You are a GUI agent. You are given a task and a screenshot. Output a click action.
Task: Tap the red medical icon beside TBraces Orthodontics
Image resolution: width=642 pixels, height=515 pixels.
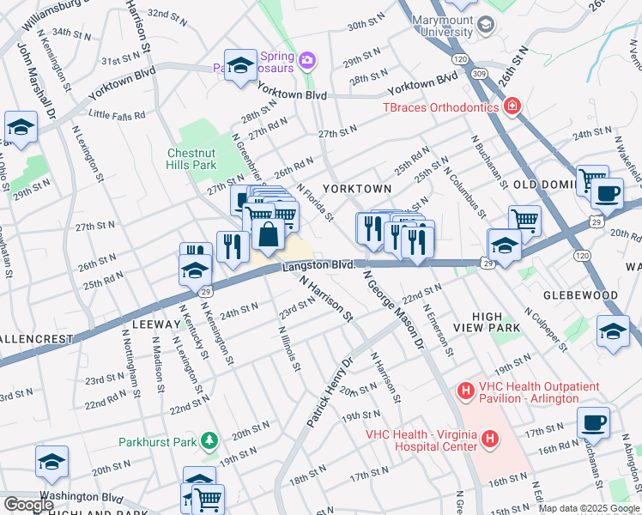[512, 106]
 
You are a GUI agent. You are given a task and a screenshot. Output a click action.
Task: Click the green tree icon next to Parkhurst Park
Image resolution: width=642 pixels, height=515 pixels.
[207, 442]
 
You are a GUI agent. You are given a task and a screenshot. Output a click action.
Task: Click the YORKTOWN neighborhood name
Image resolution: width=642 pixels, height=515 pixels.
[356, 188]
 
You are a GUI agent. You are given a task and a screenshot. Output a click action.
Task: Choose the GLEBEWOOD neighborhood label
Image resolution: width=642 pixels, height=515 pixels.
[583, 295]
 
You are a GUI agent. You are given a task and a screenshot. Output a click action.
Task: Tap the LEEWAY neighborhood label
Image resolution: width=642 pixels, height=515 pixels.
[155, 325]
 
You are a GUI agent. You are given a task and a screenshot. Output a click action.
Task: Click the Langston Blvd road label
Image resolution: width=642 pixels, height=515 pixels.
[318, 266]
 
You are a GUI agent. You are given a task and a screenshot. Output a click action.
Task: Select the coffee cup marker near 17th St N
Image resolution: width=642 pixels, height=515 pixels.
[593, 422]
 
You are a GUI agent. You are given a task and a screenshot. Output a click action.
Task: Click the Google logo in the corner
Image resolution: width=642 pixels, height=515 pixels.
[29, 505]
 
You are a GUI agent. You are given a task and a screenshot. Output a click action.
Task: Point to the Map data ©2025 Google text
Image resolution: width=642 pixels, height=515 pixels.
[588, 508]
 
